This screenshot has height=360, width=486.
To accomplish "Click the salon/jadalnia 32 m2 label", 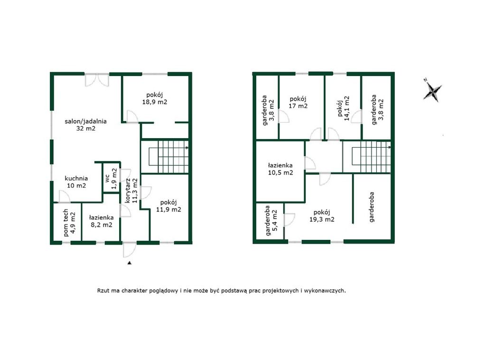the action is click(x=85, y=124).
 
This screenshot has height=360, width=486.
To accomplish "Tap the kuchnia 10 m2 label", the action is click(x=76, y=182).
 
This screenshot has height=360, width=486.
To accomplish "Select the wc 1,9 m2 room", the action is click(x=111, y=179).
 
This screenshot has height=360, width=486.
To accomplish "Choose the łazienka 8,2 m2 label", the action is click(x=101, y=221).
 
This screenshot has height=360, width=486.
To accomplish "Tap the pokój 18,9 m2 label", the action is click(x=155, y=98).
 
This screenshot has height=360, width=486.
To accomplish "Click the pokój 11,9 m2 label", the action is click(x=168, y=206).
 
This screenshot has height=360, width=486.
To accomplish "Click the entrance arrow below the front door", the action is click(x=130, y=263).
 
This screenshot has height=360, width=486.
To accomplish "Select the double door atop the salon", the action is click(x=97, y=80).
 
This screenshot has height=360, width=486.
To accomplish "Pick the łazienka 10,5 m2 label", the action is click(x=280, y=169).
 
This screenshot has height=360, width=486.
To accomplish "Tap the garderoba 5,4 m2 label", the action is click(x=271, y=220).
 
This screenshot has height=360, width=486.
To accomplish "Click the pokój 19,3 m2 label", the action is click(x=322, y=216).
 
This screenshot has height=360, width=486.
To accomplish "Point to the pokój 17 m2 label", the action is click(x=298, y=102).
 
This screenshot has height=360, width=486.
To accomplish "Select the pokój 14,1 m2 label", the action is click(x=343, y=108).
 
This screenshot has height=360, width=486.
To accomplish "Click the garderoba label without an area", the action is click(x=372, y=207).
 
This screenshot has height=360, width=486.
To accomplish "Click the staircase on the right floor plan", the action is click(x=367, y=156).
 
